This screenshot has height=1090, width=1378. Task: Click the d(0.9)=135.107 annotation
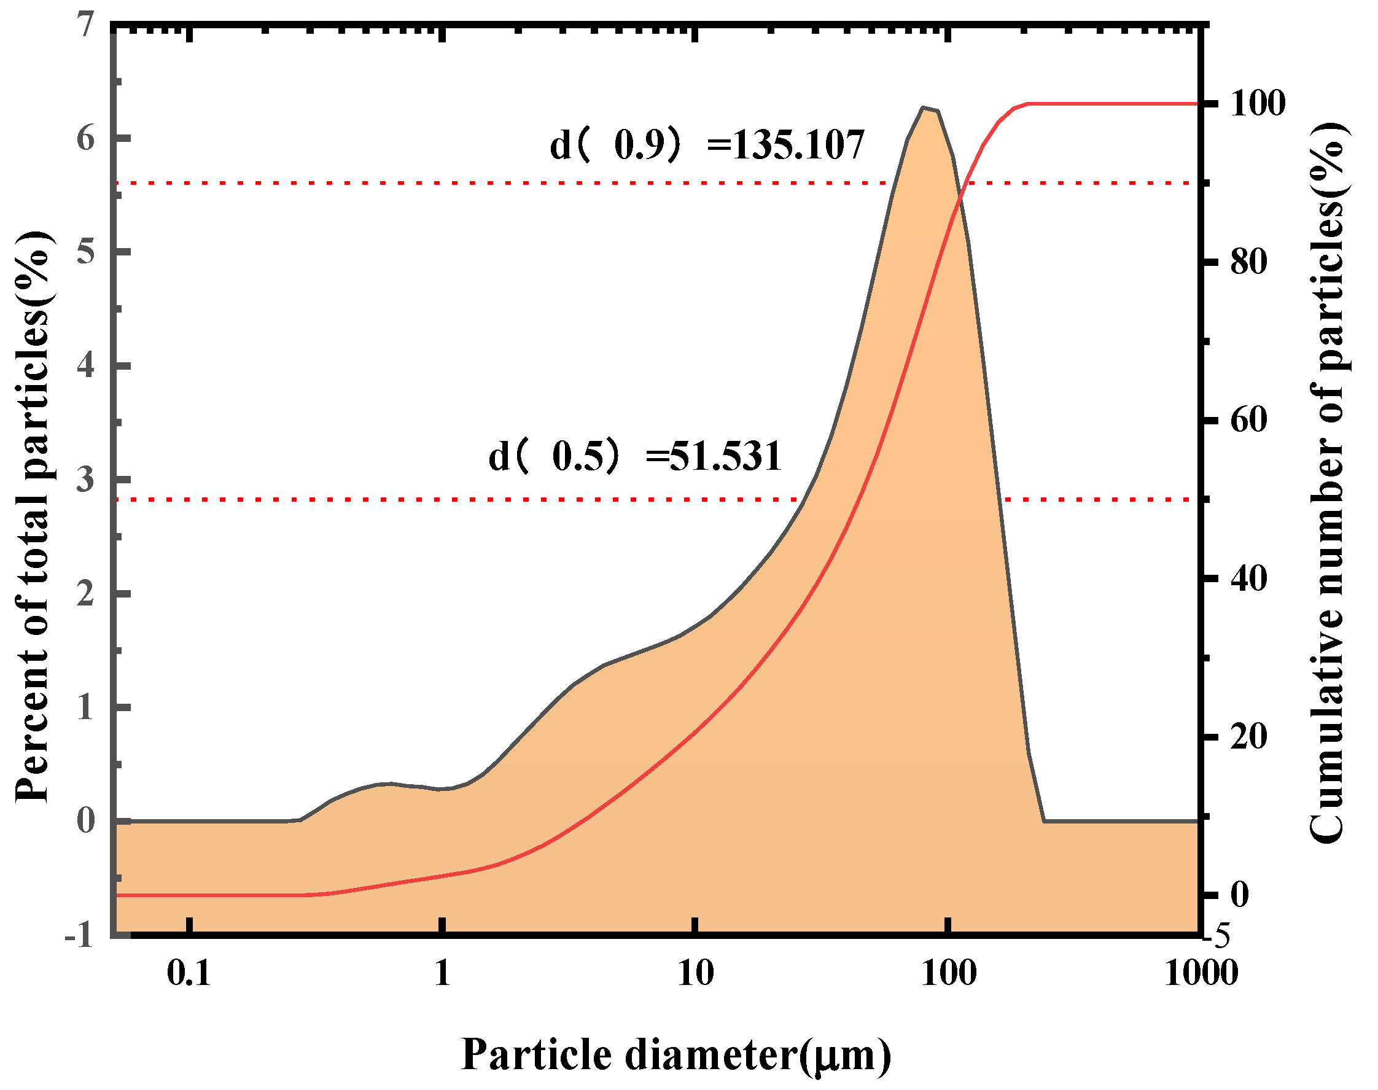(x=707, y=145)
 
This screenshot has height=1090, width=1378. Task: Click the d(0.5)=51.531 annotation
(x=634, y=456)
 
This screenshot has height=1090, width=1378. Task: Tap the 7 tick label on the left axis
(x=85, y=26)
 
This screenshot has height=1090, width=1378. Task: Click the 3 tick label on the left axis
(x=85, y=479)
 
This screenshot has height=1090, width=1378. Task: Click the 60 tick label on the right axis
(x=1248, y=420)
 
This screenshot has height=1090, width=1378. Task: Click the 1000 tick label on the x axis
(x=1201, y=973)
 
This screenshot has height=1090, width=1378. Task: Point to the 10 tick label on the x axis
(x=695, y=973)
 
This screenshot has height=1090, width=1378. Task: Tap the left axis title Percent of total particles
(x=32, y=517)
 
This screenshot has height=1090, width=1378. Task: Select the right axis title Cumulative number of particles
(x=1328, y=483)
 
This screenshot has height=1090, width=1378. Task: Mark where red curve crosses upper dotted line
(x=961, y=183)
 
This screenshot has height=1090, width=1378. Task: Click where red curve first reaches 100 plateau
(x=1028, y=103)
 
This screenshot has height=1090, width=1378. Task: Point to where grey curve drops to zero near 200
(x=1044, y=820)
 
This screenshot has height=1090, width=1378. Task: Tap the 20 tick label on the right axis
(x=1248, y=736)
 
